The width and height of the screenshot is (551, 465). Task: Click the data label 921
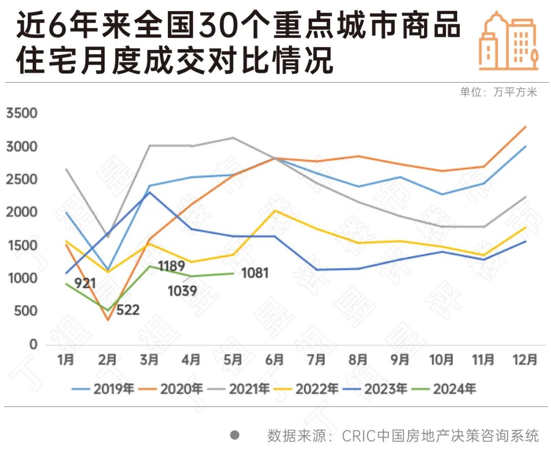click(x=85, y=283)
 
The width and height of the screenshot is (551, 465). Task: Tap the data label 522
click(x=128, y=310)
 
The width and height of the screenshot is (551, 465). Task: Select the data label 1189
click(x=171, y=266)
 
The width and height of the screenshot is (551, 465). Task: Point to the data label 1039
click(x=182, y=291)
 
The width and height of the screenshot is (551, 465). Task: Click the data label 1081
click(x=255, y=273)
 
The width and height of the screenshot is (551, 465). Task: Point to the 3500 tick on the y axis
click(x=21, y=113)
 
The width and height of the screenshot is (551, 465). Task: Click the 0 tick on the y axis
click(x=33, y=345)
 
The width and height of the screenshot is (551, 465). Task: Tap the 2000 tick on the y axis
click(x=21, y=213)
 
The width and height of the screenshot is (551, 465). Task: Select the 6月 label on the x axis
click(x=274, y=360)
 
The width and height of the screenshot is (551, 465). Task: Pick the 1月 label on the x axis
click(x=66, y=360)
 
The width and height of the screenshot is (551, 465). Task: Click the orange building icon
click(x=508, y=41)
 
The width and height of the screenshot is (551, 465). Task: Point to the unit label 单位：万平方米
click(x=498, y=92)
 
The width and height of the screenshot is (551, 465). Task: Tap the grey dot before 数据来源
click(x=235, y=435)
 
